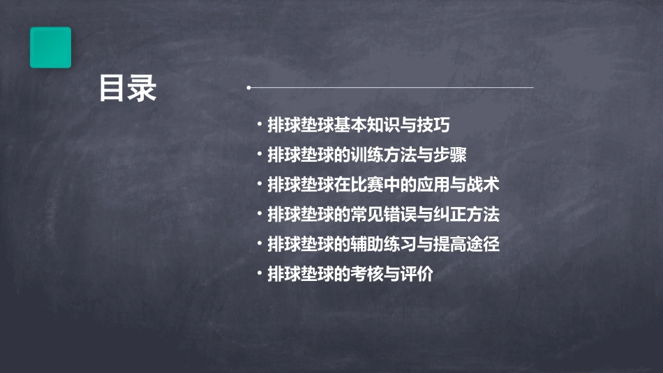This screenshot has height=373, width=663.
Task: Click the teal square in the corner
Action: click(x=50, y=47)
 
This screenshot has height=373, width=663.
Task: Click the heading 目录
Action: click(x=128, y=89)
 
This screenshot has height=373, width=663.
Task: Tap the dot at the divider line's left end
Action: click(x=249, y=88)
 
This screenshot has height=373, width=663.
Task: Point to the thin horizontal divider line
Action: click(x=391, y=88)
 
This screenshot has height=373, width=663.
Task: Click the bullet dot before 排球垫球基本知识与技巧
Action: click(x=260, y=125)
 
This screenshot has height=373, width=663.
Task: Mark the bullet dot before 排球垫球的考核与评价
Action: click(x=260, y=274)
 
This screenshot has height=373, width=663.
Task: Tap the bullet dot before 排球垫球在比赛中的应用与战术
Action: click(x=260, y=184)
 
